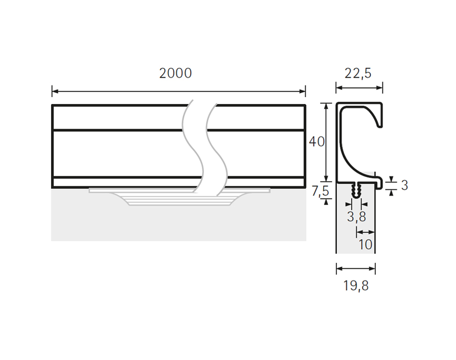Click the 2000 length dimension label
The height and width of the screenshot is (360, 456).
pos(176,73)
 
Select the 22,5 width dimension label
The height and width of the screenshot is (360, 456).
pos(358,73)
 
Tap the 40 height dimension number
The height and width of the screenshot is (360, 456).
pos(317,142)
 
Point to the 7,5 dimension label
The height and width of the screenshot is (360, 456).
pos(320,191)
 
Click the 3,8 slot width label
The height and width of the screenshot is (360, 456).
pos(357,217)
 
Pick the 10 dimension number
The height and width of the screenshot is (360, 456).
pos(365,244)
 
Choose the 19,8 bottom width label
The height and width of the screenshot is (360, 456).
pos(356,286)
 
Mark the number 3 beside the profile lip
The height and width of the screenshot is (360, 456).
pos(405,185)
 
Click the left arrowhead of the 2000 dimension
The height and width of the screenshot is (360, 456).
pos(55,91)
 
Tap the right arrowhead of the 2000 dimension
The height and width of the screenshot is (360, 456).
pos(302,91)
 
